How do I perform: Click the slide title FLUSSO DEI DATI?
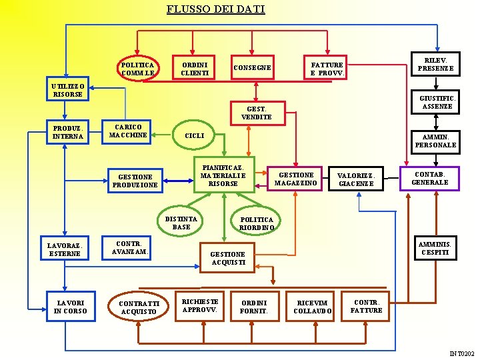click(215, 9)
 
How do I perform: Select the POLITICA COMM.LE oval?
click(138, 68)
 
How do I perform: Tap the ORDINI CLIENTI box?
click(195, 67)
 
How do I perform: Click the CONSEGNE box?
click(253, 67)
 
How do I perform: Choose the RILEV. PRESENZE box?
click(435, 64)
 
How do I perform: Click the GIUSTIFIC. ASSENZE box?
click(436, 102)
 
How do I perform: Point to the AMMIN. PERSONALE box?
click(435, 141)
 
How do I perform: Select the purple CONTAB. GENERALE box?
click(429, 178)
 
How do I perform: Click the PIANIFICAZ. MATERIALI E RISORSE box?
click(223, 175)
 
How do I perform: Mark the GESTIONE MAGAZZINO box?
click(297, 179)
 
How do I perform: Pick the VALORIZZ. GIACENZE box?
click(356, 180)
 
